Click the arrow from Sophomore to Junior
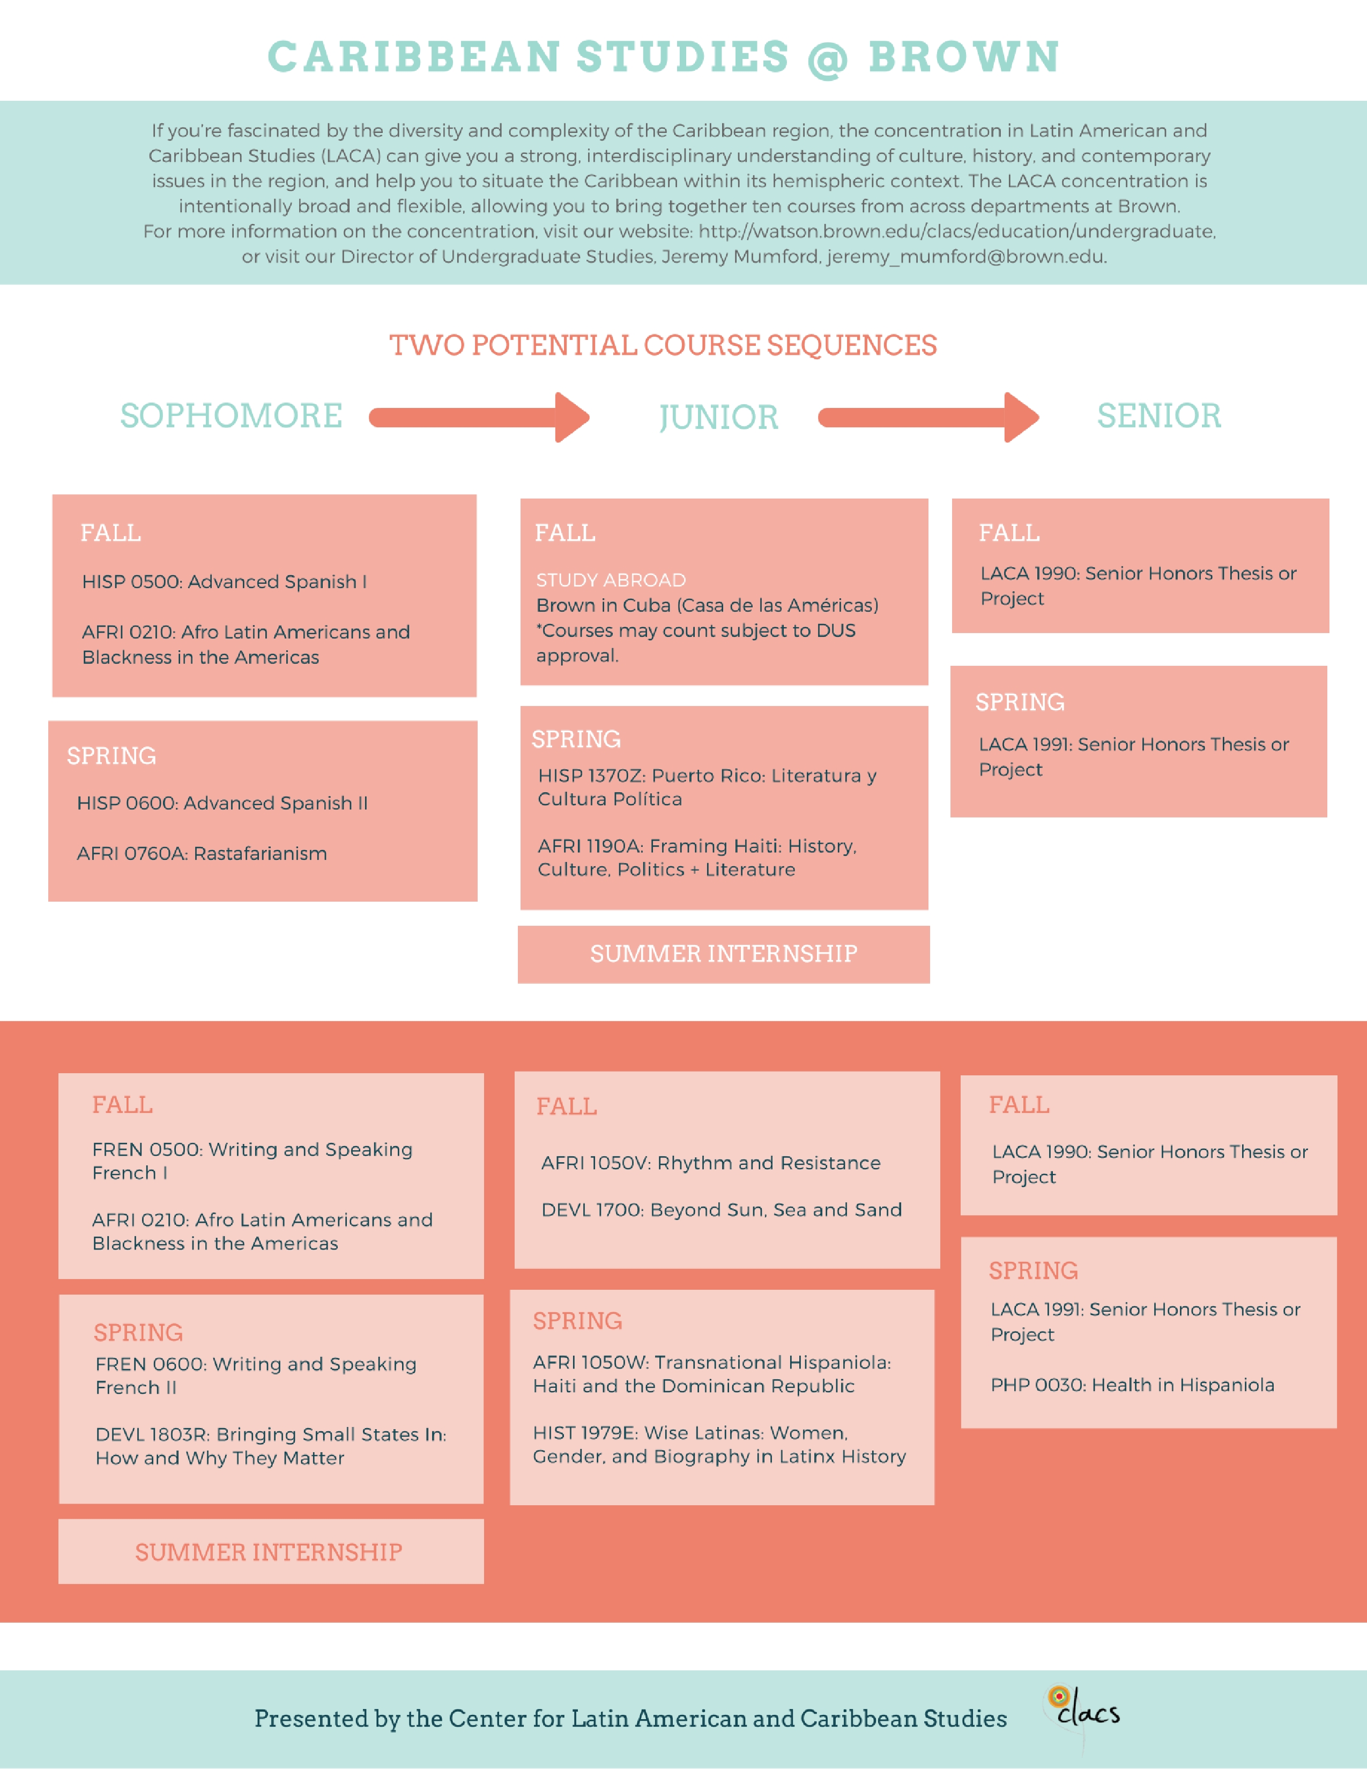click(x=479, y=417)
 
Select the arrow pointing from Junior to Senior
click(x=929, y=417)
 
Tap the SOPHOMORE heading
click(x=232, y=415)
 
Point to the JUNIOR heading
click(x=718, y=417)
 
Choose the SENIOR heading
click(x=1159, y=415)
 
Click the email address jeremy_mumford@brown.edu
click(x=966, y=257)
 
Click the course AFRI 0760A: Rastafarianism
click(x=202, y=854)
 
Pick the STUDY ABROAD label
click(x=611, y=580)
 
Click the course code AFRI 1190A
click(x=590, y=846)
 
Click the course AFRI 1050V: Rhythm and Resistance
click(x=711, y=1163)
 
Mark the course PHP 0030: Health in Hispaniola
click(x=1132, y=1385)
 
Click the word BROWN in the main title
click(x=964, y=57)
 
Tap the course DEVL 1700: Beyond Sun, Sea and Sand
click(x=722, y=1210)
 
